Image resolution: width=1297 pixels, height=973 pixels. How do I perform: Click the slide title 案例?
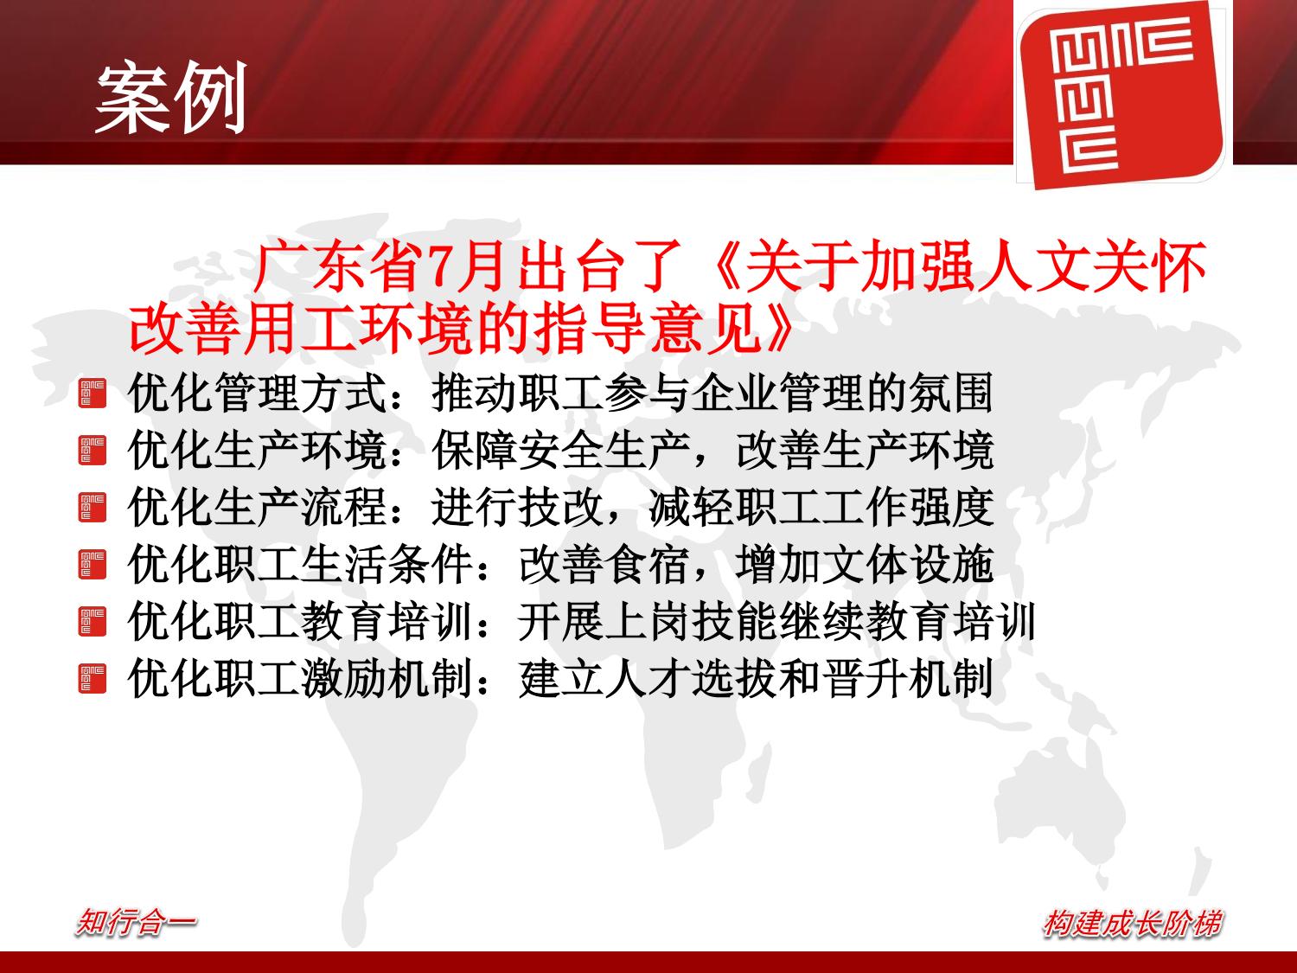(x=170, y=98)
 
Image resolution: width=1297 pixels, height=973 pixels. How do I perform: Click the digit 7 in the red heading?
(x=439, y=266)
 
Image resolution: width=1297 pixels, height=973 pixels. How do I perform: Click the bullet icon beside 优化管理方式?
(x=93, y=394)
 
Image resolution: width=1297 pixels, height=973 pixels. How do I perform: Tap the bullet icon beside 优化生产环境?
(x=93, y=450)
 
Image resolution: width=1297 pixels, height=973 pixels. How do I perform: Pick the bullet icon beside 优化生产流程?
(x=93, y=508)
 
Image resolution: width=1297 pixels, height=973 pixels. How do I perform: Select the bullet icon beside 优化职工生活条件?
(x=93, y=565)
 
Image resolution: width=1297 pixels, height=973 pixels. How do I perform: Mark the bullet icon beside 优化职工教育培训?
(x=93, y=622)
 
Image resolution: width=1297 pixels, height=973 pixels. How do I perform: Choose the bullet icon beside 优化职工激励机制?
(x=93, y=679)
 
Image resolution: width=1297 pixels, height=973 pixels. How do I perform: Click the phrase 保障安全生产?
(x=561, y=450)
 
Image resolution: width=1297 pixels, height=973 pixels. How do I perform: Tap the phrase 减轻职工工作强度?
(x=821, y=508)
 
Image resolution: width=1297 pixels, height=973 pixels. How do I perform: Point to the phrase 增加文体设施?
(x=865, y=565)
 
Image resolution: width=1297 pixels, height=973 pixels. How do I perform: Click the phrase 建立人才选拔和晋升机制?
(x=756, y=679)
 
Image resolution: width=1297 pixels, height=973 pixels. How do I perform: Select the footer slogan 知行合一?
(x=136, y=922)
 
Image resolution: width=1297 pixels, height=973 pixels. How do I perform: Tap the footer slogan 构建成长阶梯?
(x=1131, y=923)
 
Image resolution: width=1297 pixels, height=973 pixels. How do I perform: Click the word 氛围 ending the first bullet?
(x=950, y=394)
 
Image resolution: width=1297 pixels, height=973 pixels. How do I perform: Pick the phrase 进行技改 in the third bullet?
(x=517, y=508)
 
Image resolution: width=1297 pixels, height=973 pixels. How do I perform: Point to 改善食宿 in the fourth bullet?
(x=604, y=565)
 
